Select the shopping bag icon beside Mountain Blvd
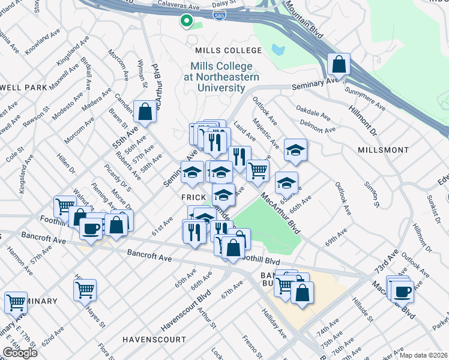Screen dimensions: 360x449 tap(339, 64)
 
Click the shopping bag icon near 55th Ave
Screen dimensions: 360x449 tap(145, 111)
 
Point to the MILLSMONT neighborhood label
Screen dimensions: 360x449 tap(384, 149)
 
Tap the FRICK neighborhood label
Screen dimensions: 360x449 tap(194, 197)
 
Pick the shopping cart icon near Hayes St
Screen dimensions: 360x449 tap(85, 289)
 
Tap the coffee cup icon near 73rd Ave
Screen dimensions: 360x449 tap(402, 290)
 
